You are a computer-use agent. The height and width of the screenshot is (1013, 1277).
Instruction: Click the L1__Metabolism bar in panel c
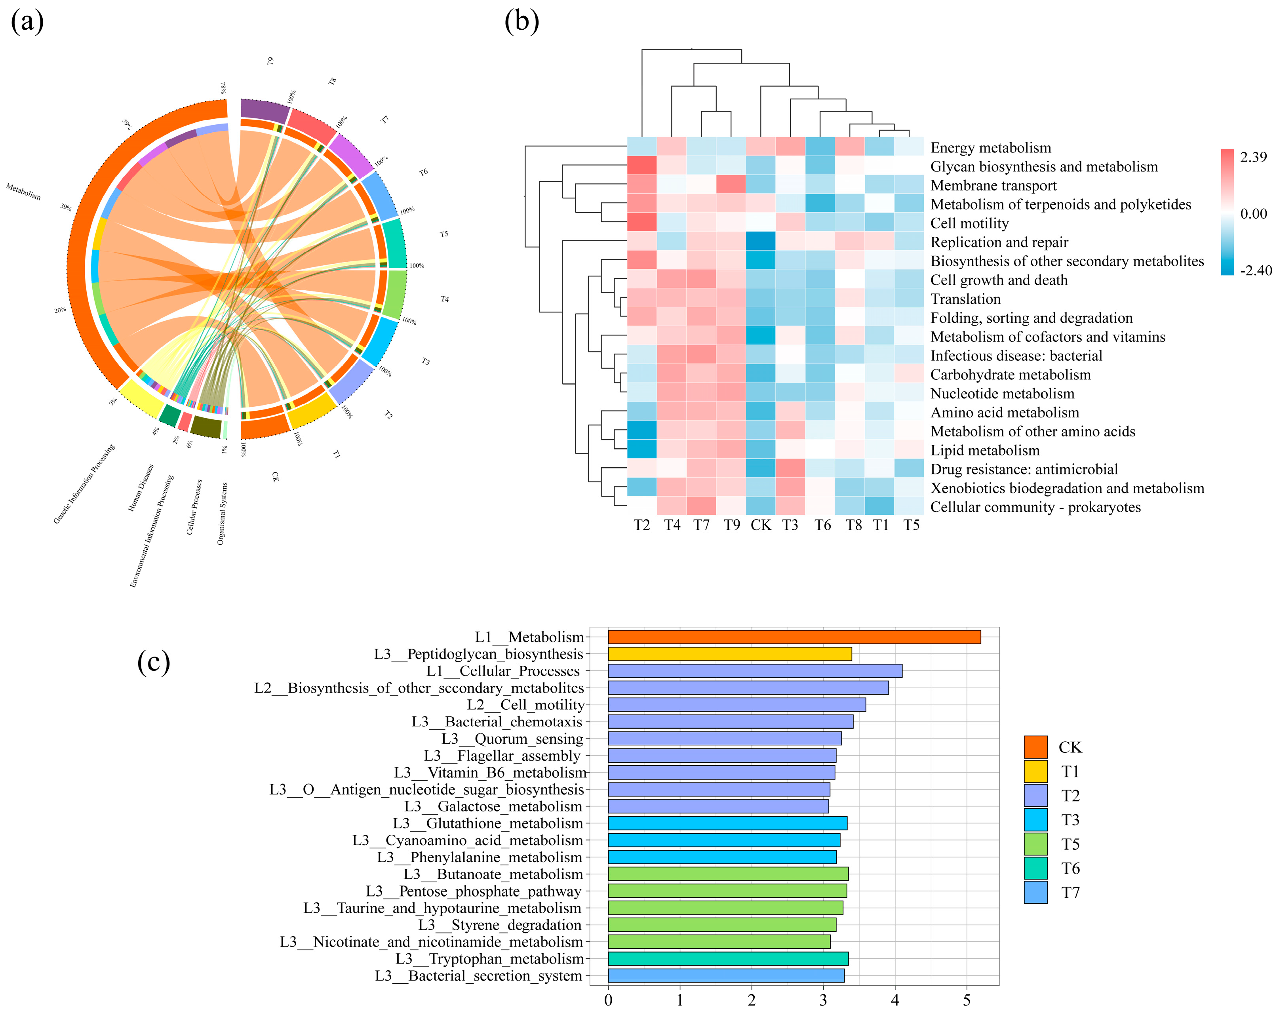(794, 637)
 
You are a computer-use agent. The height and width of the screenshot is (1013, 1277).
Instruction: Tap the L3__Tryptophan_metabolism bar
(728, 958)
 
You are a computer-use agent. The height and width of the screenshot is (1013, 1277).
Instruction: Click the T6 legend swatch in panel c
(1035, 868)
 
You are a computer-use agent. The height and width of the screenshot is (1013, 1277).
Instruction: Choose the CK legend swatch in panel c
(1035, 747)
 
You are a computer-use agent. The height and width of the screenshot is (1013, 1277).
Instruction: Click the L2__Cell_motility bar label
(525, 705)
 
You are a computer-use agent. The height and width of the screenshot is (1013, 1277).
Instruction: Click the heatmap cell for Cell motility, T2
(642, 223)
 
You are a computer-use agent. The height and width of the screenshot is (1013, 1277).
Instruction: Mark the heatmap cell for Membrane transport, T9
(731, 185)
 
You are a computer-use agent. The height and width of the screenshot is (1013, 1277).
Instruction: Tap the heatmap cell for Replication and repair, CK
(761, 242)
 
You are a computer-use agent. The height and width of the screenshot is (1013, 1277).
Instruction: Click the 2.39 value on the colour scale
(1253, 157)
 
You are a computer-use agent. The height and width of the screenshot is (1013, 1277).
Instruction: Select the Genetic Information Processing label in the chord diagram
(84, 484)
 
